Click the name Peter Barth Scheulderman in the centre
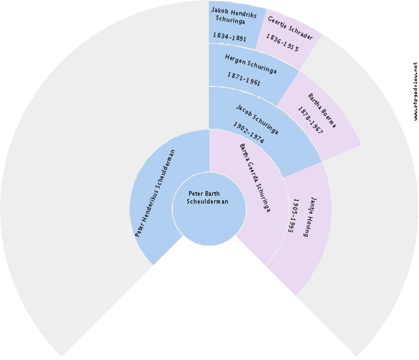click(x=208, y=198)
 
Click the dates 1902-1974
click(x=248, y=133)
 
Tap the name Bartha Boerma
click(x=321, y=109)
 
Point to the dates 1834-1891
click(x=229, y=37)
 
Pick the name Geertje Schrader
click(x=289, y=27)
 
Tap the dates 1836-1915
click(x=282, y=43)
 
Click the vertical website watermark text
click(x=414, y=91)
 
